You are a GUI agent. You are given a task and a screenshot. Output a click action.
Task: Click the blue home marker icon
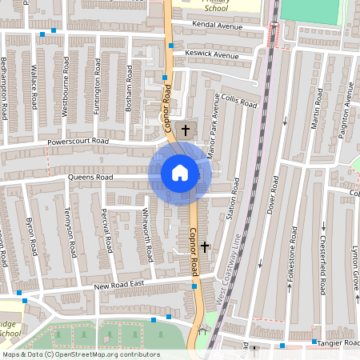[180, 172]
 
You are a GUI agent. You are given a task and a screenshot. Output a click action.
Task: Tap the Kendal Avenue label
[218, 26]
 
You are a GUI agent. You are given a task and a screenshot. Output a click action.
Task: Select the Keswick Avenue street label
[212, 55]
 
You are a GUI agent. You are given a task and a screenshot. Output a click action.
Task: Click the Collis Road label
[239, 102]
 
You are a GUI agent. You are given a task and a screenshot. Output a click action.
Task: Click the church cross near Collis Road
[186, 129]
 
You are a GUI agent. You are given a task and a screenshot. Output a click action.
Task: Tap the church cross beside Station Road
[205, 247]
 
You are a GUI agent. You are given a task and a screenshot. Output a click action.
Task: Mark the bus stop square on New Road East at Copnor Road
[194, 286]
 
